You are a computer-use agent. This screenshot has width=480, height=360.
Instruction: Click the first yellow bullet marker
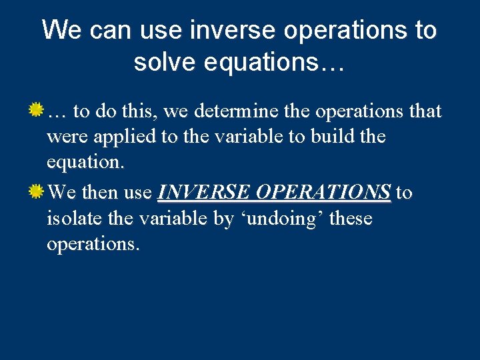point(37,109)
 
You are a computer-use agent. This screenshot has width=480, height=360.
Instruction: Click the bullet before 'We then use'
point(37,193)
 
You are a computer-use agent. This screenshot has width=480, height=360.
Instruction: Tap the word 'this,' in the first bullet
point(142,111)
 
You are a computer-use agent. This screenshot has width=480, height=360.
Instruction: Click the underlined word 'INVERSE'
point(204,193)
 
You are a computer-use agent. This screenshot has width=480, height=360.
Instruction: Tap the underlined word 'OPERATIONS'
point(323,193)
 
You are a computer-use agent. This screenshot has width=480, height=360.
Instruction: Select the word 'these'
point(351,218)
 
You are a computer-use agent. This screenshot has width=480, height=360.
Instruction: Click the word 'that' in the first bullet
point(425,111)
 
